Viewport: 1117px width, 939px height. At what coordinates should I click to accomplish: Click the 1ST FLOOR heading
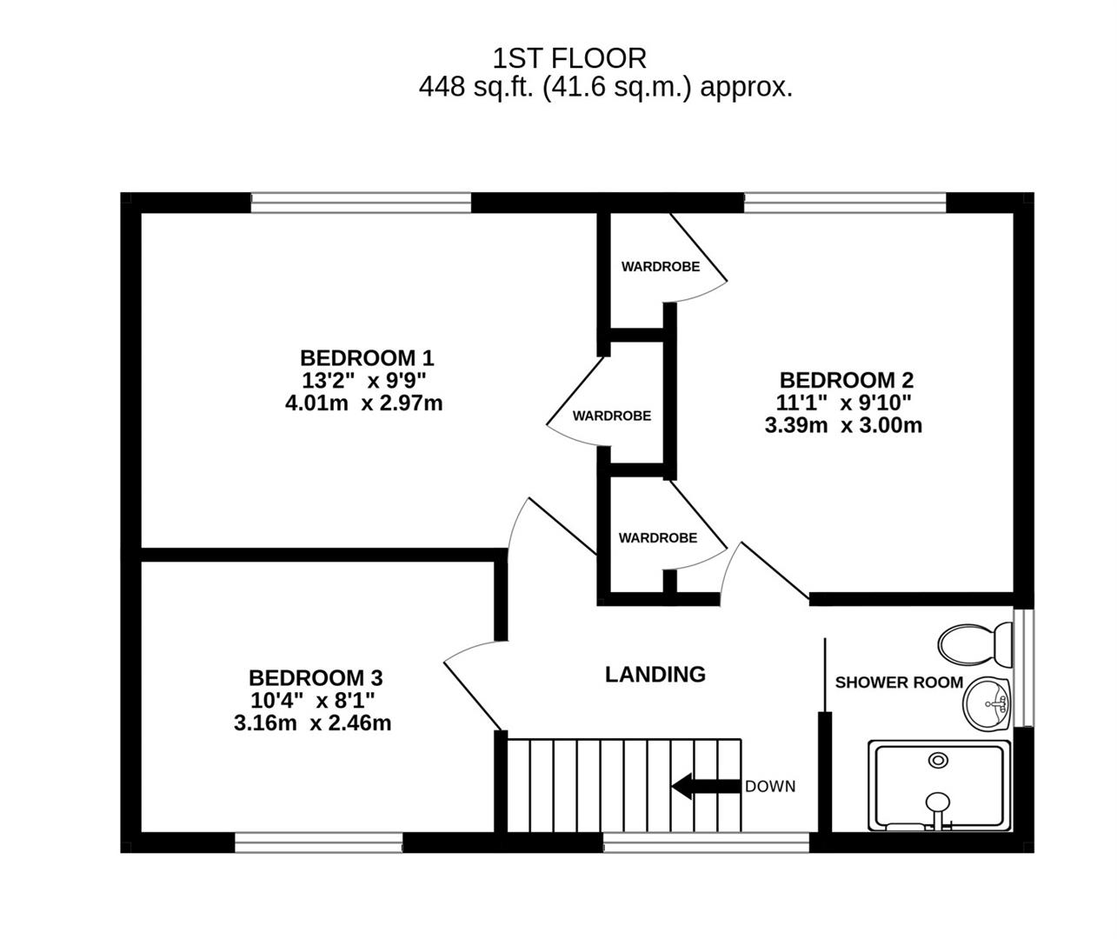coord(569,59)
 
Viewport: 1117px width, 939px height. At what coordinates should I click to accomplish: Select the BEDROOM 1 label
coord(367,357)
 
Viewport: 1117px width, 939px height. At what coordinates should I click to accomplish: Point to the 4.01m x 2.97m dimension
coord(363,403)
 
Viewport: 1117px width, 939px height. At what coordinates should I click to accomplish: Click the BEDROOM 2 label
coord(847,380)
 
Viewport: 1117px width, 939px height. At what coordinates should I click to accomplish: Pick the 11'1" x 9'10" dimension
coord(844,403)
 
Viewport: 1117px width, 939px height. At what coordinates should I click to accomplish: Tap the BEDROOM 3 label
coord(316,678)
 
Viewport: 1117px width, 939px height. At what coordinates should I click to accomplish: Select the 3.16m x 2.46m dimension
coord(312,723)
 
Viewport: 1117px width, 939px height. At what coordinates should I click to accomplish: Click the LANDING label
coord(655,674)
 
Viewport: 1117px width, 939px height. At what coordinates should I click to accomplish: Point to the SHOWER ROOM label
coord(899,683)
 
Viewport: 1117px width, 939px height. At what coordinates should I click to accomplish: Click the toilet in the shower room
coord(974,644)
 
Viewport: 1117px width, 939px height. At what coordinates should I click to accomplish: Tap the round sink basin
coord(987,703)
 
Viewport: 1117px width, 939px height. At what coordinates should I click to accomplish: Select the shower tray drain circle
coord(938,760)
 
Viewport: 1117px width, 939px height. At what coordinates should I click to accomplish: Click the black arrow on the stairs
coord(706,786)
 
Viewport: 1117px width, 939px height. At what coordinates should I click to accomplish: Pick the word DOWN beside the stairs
coord(770,786)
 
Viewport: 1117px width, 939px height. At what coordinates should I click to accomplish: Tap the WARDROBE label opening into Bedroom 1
coord(611,416)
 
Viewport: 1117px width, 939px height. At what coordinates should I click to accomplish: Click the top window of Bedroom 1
coord(361,203)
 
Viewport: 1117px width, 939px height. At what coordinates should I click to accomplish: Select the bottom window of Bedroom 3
coord(318,842)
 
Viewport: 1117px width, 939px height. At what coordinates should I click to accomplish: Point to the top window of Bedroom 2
coord(845,203)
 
